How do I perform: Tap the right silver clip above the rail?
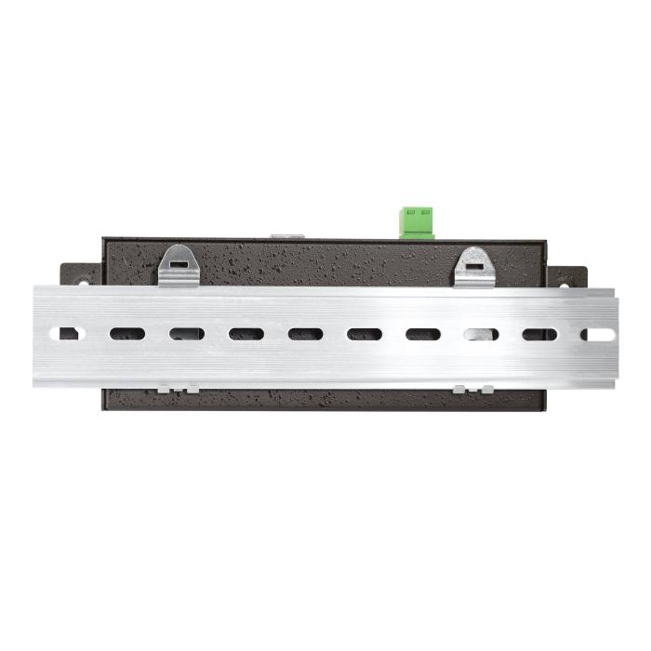pos(474,267)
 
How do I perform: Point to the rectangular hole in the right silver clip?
pos(474,264)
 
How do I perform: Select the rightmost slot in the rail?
pos(596,334)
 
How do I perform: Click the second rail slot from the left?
pos(127,334)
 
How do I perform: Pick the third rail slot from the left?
pos(187,334)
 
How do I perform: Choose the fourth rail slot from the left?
pos(246,334)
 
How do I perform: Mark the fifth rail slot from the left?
pos(305,334)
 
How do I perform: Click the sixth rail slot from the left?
pos(365,334)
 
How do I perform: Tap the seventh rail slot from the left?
pos(423,334)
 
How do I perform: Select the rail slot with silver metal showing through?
pos(482,334)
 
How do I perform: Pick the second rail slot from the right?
pos(539,334)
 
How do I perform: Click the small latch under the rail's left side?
pos(177,389)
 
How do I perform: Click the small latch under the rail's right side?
pos(473,389)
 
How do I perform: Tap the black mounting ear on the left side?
pos(80,275)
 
